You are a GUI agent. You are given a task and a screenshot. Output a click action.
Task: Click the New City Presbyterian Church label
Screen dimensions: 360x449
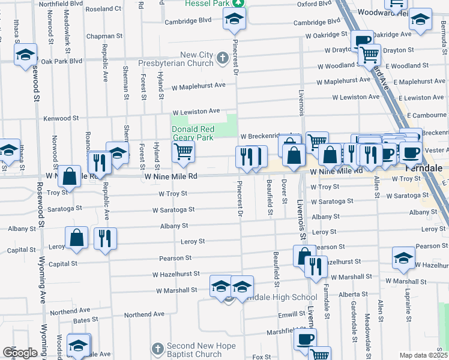[180, 59]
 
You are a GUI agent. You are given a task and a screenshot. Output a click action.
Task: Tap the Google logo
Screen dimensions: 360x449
[20, 353]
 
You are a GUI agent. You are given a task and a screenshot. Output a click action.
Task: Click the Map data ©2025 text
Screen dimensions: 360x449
[423, 355]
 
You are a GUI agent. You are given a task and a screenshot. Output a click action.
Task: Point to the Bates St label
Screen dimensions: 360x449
[85, 320]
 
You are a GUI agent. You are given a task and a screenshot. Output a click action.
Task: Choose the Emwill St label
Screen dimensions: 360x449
[292, 314]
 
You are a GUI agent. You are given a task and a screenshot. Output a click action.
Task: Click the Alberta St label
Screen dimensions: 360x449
[352, 295]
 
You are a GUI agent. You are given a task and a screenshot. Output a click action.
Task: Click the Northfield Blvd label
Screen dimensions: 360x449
[60, 4]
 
